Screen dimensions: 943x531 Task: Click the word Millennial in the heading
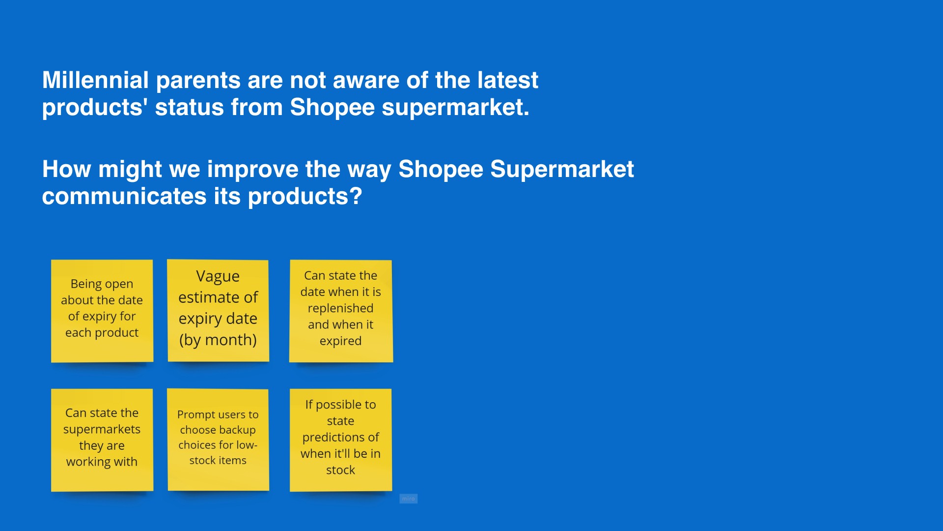coord(95,80)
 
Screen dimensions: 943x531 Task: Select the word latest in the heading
coord(508,80)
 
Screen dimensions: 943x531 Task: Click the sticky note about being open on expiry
coord(102,311)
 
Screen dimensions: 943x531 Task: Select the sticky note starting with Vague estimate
coord(218,311)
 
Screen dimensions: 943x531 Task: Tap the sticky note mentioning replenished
coord(341,311)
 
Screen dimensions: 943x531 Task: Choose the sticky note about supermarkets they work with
coord(102,440)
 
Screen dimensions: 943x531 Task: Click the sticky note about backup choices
coord(218,440)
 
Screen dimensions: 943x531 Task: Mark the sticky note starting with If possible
coord(341,440)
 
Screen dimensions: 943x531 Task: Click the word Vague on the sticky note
coord(218,277)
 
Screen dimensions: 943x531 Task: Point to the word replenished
coord(341,308)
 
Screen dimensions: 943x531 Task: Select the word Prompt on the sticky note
coord(194,415)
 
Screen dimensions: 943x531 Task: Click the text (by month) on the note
coord(218,340)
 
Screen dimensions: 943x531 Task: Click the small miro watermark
coord(409,499)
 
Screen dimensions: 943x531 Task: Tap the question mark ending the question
coord(356,196)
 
